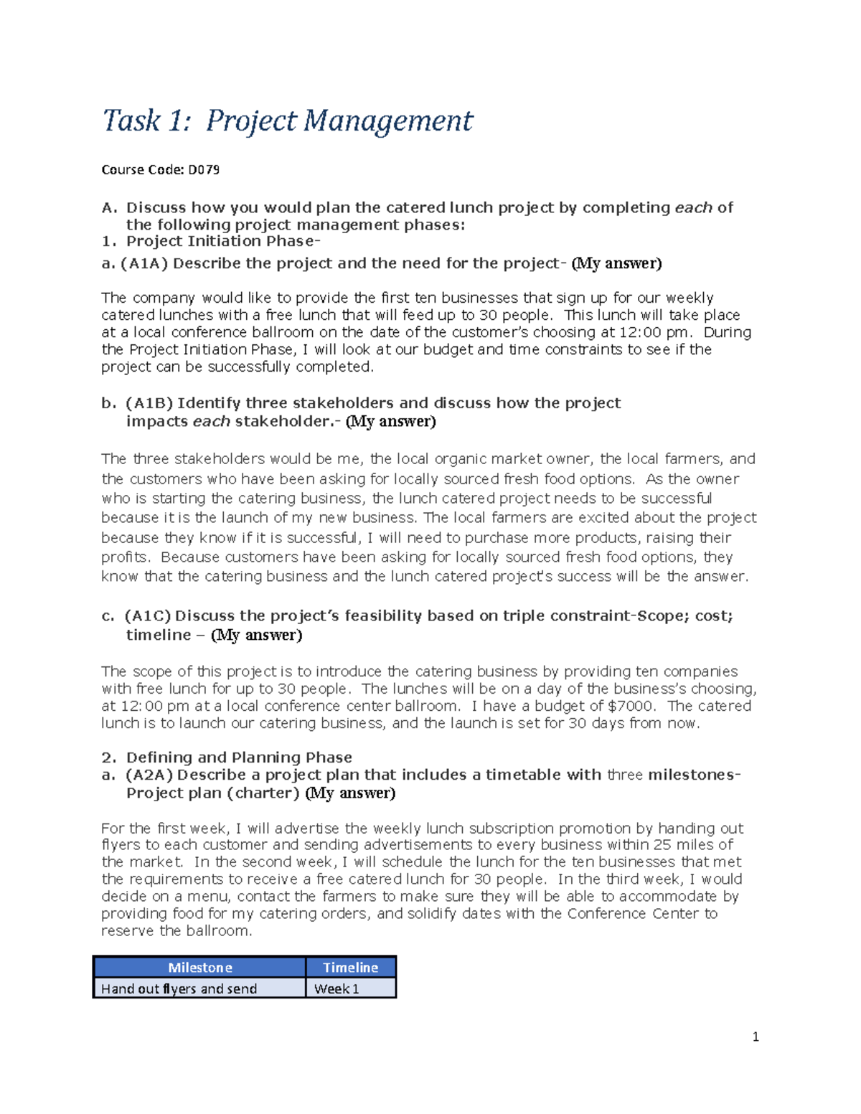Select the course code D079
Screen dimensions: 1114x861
pyautogui.click(x=204, y=170)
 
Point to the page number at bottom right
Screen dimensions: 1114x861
pyautogui.click(x=756, y=1037)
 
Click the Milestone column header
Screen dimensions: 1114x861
pyautogui.click(x=199, y=968)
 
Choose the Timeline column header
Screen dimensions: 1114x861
pyautogui.click(x=350, y=968)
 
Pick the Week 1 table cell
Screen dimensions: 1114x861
pyautogui.click(x=337, y=988)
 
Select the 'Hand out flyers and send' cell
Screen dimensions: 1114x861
pyautogui.click(x=179, y=988)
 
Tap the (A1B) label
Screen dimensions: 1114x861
pyautogui.click(x=149, y=403)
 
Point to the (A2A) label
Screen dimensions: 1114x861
pyautogui.click(x=149, y=775)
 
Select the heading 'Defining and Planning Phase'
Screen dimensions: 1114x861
pyautogui.click(x=239, y=757)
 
